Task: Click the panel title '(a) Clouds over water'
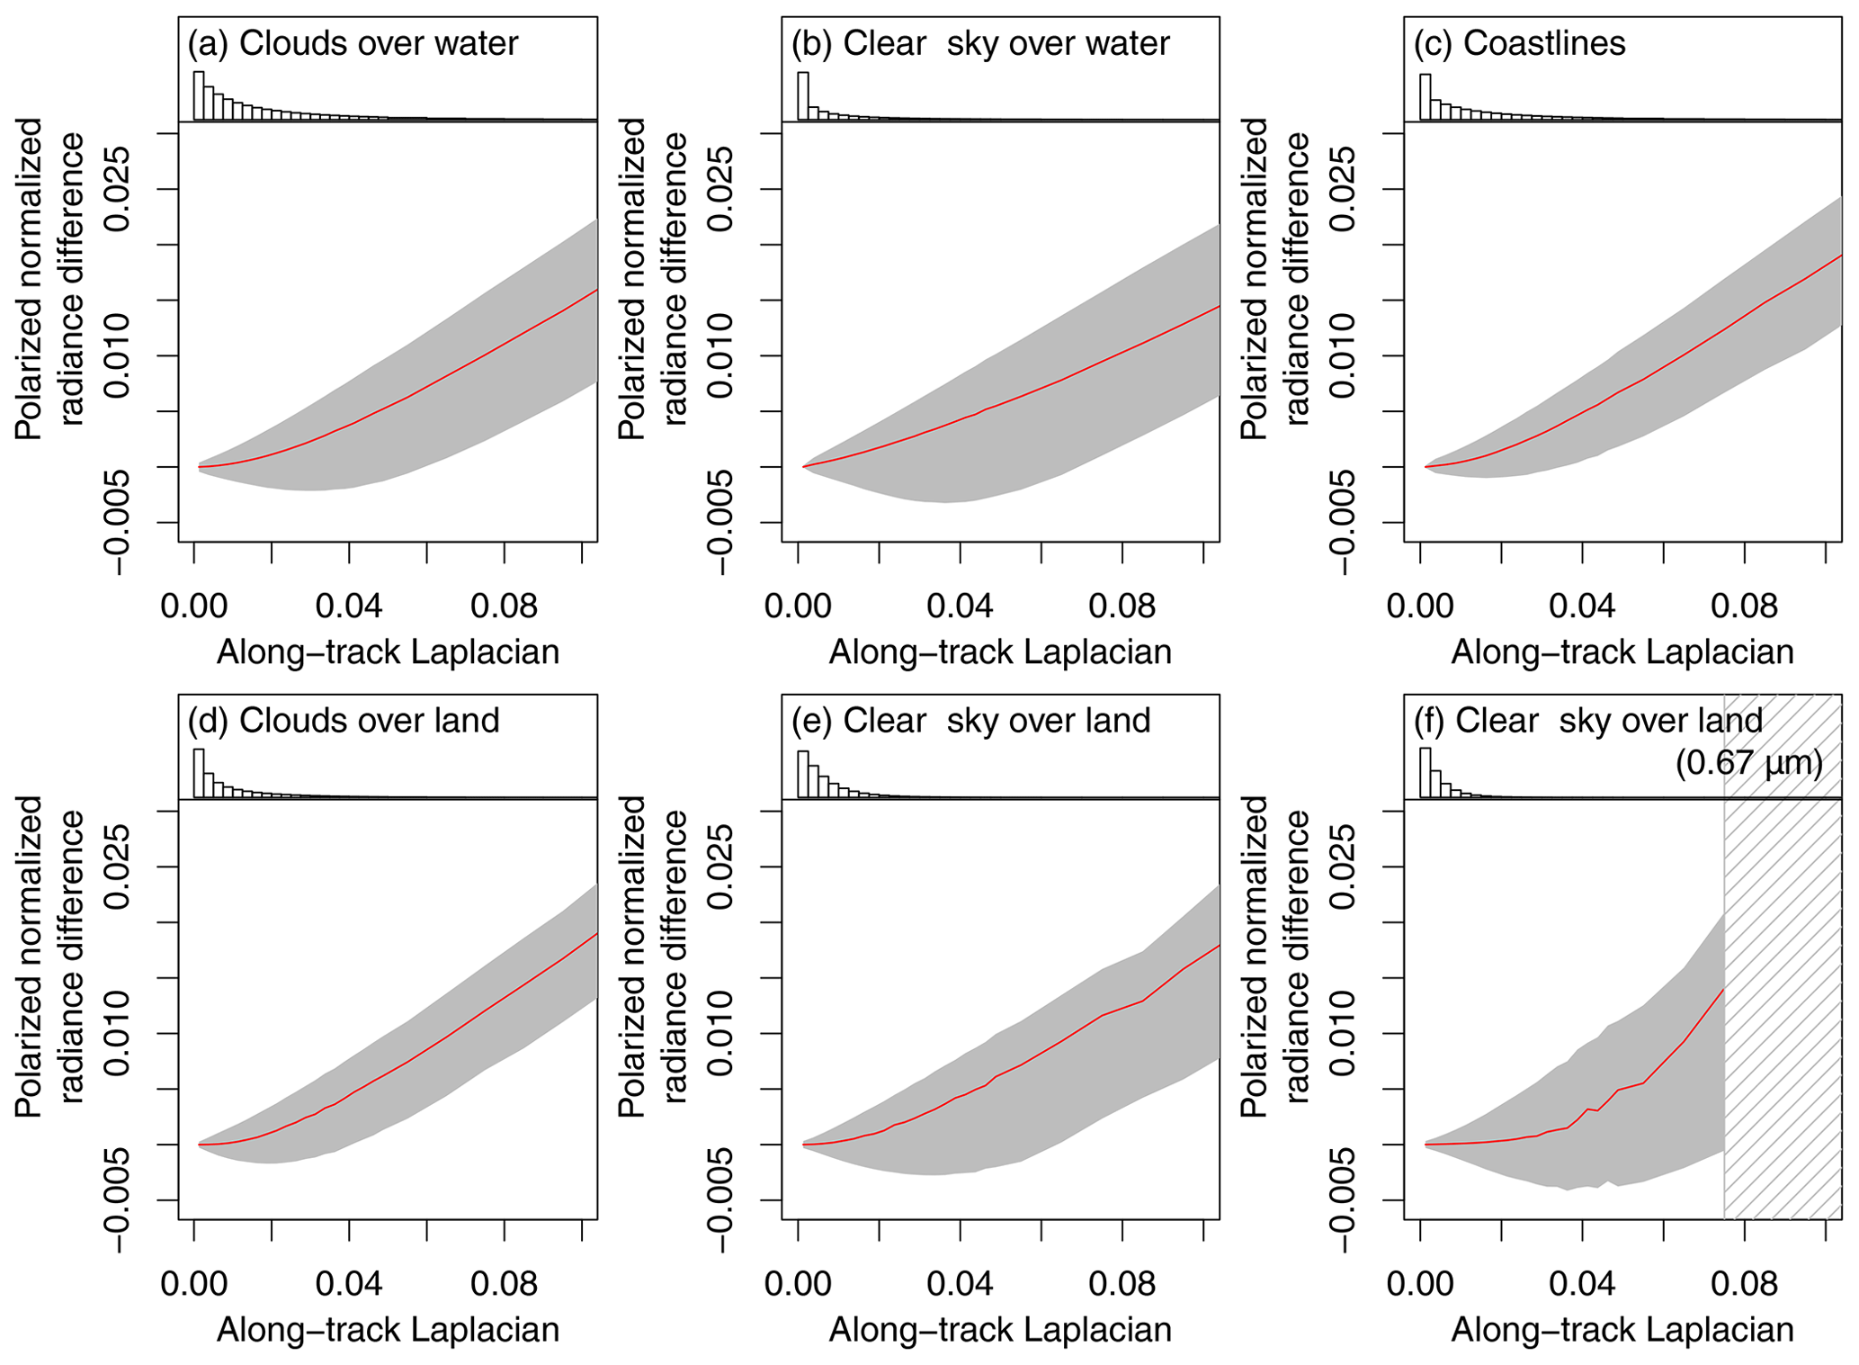pos(353,43)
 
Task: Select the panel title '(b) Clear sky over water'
pos(980,43)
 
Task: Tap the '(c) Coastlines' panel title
pos(1520,43)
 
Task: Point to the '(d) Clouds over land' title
pos(343,720)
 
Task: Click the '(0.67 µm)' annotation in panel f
pos(1748,763)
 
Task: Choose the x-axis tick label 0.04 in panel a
pos(349,606)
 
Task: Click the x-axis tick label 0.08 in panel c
pos(1744,606)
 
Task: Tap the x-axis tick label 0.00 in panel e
pos(798,1283)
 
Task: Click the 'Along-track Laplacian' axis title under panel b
pos(1000,651)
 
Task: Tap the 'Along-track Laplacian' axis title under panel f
pos(1622,1329)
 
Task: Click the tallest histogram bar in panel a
pos(199,95)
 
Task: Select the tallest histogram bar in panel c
pos(1425,96)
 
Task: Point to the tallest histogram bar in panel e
pos(803,774)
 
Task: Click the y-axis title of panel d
pos(49,956)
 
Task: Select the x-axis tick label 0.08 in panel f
pos(1744,1283)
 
